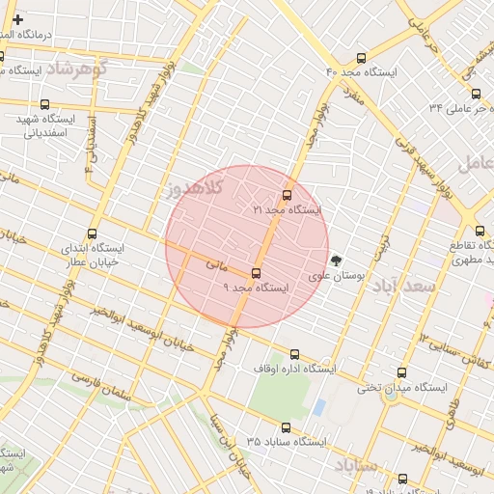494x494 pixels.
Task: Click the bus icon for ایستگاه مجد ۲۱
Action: [x=287, y=194]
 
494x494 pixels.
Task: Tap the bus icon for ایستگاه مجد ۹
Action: [x=256, y=273]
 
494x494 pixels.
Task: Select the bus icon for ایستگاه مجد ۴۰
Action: [x=361, y=58]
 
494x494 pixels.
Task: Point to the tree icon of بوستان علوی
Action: [x=336, y=260]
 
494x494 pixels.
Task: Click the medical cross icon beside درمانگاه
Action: [x=17, y=19]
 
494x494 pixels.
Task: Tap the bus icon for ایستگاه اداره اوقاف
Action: [x=294, y=353]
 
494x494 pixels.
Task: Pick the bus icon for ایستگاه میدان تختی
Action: [x=401, y=372]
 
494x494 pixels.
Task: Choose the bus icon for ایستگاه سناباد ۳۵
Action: [x=286, y=427]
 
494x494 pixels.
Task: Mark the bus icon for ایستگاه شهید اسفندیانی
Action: [x=44, y=104]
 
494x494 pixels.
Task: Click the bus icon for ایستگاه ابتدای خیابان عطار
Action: [x=92, y=233]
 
